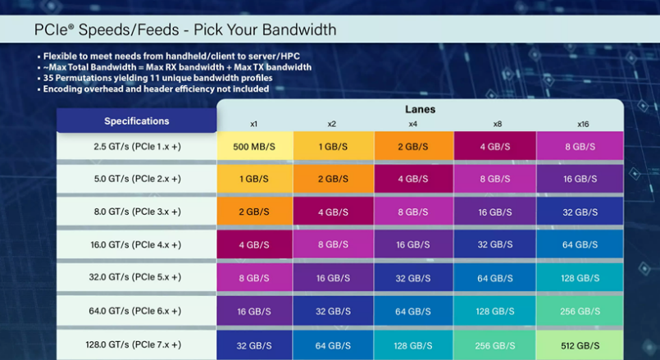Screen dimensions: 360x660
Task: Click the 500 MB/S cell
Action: pos(254,146)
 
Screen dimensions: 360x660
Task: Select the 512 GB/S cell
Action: pos(580,345)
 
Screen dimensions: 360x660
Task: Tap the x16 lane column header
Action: pos(582,124)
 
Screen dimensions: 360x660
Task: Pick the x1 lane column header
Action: pos(254,124)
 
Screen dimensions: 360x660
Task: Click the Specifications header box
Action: pos(137,121)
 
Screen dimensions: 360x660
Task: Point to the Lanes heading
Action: pos(420,109)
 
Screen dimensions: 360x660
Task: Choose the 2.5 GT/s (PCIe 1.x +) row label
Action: pos(137,146)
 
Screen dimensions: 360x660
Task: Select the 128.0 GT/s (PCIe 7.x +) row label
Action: pos(137,345)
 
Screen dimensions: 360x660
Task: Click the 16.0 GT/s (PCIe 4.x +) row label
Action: pos(137,245)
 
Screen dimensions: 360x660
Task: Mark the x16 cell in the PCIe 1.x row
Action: pos(580,146)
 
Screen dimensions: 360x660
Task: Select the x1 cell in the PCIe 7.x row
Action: pos(254,345)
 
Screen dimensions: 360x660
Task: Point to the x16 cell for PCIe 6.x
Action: pos(580,312)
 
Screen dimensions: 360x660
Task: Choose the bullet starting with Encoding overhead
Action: pos(156,89)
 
